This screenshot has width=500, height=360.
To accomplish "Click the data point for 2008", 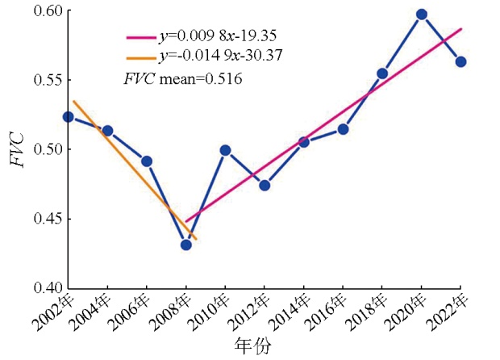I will [186, 245].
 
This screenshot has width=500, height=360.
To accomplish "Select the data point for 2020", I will [421, 15].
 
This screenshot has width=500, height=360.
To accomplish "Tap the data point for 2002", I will [69, 117].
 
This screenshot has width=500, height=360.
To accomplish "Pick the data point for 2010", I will [225, 150].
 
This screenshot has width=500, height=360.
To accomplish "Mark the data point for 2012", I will [265, 185].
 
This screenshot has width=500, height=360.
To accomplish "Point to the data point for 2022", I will [460, 61].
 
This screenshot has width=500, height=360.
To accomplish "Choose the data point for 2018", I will [382, 73].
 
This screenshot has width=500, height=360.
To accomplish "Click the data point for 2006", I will [147, 161].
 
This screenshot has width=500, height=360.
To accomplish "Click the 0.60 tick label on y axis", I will [43, 11].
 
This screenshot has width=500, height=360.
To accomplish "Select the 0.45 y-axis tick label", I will [43, 219].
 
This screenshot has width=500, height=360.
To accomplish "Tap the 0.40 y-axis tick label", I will [43, 287].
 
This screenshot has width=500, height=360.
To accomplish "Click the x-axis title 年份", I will [252, 347].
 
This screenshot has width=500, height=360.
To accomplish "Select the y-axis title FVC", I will [16, 149].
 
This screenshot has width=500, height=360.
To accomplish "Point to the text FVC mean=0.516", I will [182, 79].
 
